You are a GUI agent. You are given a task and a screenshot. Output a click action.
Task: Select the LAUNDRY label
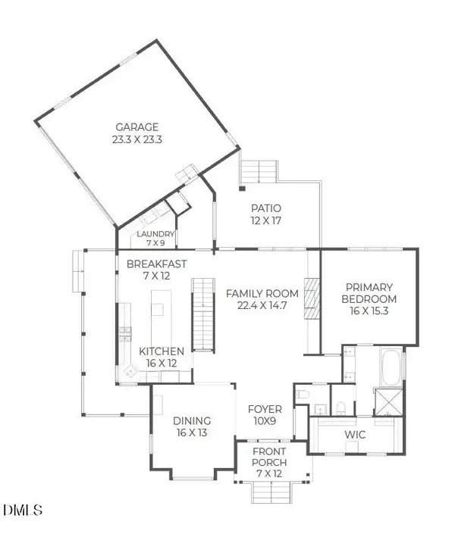[155, 234]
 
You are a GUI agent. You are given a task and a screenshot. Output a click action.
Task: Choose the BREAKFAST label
[156, 264]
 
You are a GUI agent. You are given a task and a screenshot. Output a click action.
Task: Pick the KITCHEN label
[161, 351]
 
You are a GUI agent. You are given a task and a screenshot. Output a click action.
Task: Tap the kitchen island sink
[158, 309]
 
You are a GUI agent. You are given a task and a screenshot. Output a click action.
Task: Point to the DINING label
[192, 421]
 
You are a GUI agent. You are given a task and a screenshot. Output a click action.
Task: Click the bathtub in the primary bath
[393, 368]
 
